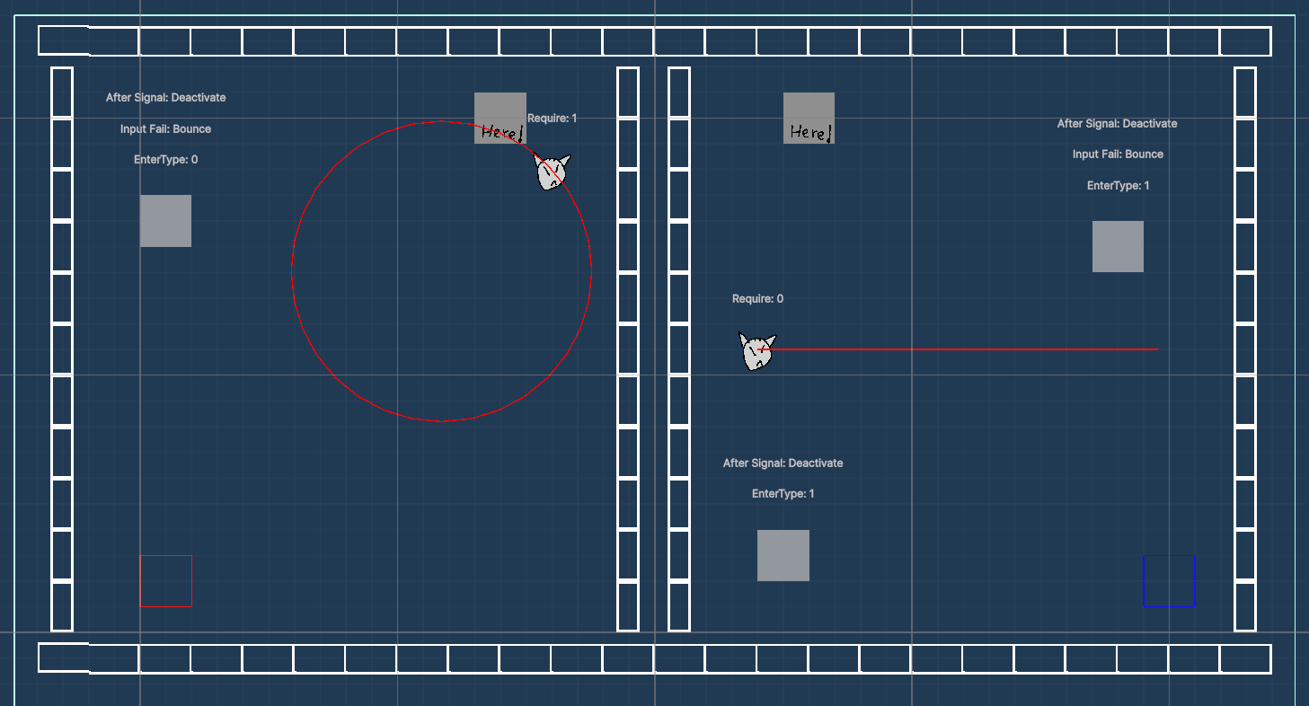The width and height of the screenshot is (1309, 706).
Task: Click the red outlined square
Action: (x=165, y=580)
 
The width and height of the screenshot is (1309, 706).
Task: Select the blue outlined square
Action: (x=1169, y=580)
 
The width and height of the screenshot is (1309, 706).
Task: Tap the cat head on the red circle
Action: (x=552, y=172)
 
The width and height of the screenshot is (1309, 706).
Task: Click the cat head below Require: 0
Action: (x=757, y=351)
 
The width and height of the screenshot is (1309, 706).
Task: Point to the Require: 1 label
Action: (x=552, y=118)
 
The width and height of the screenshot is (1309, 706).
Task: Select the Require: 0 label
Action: (x=757, y=298)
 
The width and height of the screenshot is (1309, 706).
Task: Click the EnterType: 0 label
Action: (x=165, y=159)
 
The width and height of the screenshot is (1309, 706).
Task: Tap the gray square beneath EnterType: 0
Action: (x=165, y=220)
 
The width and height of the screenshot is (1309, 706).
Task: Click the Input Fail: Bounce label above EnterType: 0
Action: (x=165, y=128)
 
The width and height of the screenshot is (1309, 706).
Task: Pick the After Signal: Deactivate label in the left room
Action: (x=165, y=97)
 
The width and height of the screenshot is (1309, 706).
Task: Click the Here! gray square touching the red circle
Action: (x=500, y=118)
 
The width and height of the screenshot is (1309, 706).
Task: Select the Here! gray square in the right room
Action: (x=809, y=118)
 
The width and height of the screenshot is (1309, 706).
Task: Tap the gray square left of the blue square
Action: (x=783, y=555)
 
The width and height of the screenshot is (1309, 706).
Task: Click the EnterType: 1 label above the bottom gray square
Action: (x=783, y=493)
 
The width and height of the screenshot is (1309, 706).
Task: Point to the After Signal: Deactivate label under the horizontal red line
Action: (x=783, y=463)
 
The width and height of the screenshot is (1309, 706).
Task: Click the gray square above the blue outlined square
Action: (x=1118, y=246)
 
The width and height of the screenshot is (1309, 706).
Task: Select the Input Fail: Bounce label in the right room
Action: (x=1117, y=154)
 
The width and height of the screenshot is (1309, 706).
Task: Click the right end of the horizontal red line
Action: (x=1157, y=349)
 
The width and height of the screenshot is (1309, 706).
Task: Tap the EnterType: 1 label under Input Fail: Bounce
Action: (x=1117, y=185)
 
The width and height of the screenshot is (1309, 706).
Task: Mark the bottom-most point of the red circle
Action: (x=441, y=420)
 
